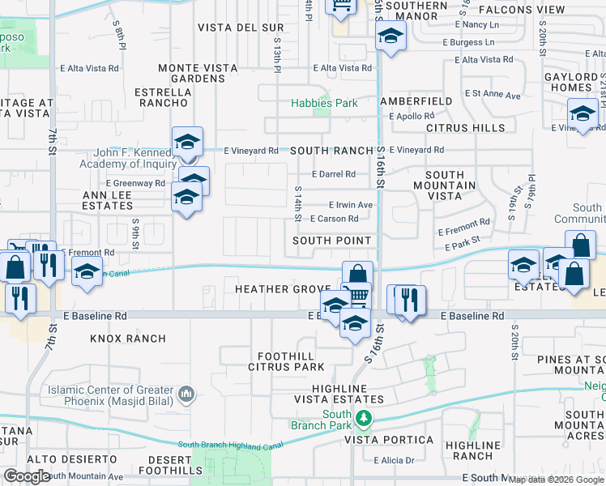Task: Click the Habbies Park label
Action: click(x=325, y=104)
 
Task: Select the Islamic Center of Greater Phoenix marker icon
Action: click(x=187, y=395)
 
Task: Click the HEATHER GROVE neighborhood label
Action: click(x=281, y=289)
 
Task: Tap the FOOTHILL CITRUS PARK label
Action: click(x=291, y=361)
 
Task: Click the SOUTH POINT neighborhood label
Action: click(x=332, y=241)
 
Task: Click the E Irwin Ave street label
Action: click(x=350, y=205)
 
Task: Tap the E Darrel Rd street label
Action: click(x=334, y=174)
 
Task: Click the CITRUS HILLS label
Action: click(x=459, y=128)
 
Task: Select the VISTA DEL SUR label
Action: click(x=241, y=28)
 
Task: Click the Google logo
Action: click(x=27, y=476)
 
